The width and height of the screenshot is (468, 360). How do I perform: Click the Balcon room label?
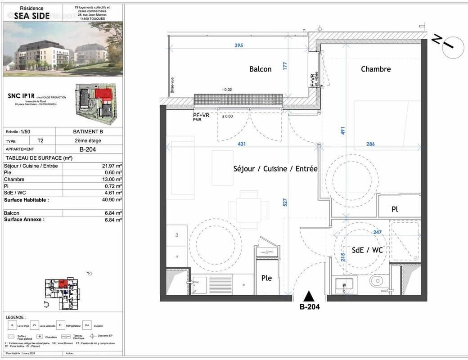point(261,69)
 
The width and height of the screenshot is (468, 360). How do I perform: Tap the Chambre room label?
point(376,69)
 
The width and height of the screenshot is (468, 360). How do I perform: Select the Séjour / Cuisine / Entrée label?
point(275,169)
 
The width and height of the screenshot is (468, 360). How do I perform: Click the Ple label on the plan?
point(266,278)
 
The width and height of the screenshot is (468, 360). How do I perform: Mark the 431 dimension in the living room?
point(242,144)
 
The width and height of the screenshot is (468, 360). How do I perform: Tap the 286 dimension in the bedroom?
point(370,144)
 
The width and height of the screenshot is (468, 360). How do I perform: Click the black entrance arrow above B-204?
point(309,297)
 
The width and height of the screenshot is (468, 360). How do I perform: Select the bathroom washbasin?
point(345,285)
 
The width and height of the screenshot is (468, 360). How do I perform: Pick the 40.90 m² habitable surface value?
point(112,199)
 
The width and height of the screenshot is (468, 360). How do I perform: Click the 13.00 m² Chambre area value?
point(112,179)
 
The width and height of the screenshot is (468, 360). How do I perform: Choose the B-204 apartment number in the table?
point(89,149)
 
